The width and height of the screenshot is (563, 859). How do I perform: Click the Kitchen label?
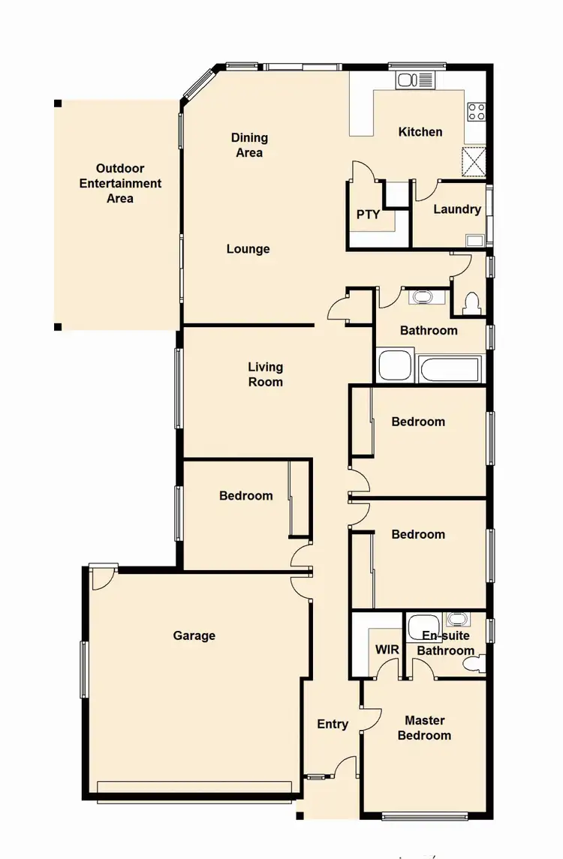pos(420,132)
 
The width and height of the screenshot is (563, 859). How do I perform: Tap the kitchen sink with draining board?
pos(415,80)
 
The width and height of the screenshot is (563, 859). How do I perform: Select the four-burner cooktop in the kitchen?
pos(477,112)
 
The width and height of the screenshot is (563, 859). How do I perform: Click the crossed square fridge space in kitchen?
pos(474,161)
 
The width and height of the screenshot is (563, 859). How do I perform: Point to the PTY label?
pos(368,215)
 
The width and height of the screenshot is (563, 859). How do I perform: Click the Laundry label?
pos(457,209)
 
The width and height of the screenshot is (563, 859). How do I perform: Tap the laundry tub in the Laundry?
pos(474,240)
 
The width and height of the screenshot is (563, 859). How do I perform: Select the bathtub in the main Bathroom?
pos(447,368)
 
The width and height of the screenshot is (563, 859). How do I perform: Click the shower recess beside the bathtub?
pos(395,365)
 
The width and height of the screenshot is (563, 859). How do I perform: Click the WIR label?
pos(387,650)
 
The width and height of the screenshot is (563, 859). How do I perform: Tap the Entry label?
pos(333,724)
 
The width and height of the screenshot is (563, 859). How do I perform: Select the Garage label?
pos(194,635)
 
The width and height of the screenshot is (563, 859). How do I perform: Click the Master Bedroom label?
pos(424,728)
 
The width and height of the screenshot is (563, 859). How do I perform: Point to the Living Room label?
pos(266,374)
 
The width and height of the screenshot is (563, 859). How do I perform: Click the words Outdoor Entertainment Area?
pos(120,184)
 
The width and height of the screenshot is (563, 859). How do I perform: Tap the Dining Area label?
pos(249,145)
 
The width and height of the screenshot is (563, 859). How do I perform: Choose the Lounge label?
pos(248,249)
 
